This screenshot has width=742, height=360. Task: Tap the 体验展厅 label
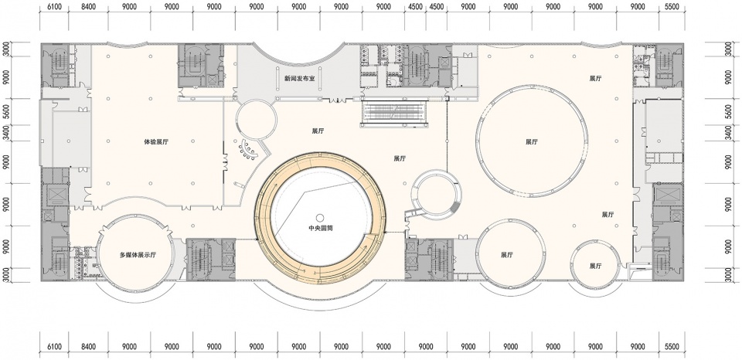click(156, 141)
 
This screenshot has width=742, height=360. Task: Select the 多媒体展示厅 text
click(138, 255)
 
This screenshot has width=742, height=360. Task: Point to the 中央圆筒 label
click(320, 227)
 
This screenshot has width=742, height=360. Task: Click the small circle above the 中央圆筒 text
click(320, 216)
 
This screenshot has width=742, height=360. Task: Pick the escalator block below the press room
click(395, 114)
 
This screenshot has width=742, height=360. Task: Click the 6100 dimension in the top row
click(54, 7)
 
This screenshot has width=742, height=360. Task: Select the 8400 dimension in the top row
click(88, 7)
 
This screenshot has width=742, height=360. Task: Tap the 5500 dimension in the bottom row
click(672, 347)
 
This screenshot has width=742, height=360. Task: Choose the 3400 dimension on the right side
click(735, 133)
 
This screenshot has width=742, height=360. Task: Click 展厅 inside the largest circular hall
click(532, 141)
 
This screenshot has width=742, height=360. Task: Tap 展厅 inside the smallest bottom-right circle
click(595, 266)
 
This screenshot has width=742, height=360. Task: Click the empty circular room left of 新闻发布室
click(256, 119)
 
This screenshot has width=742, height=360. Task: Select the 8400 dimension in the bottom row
click(88, 347)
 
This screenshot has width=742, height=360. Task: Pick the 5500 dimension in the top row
click(672, 7)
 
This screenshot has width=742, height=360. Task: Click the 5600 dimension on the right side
click(735, 112)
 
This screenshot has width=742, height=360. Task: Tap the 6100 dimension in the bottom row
click(54, 347)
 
